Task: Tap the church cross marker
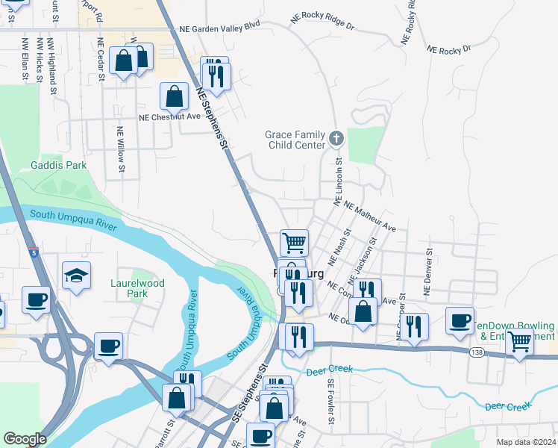(x=336, y=138)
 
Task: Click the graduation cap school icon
(x=76, y=276)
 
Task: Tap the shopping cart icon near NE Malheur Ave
(x=294, y=242)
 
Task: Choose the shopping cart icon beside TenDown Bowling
(x=519, y=342)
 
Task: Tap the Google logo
(x=25, y=439)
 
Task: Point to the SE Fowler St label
(x=330, y=404)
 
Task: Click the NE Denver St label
(x=428, y=271)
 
